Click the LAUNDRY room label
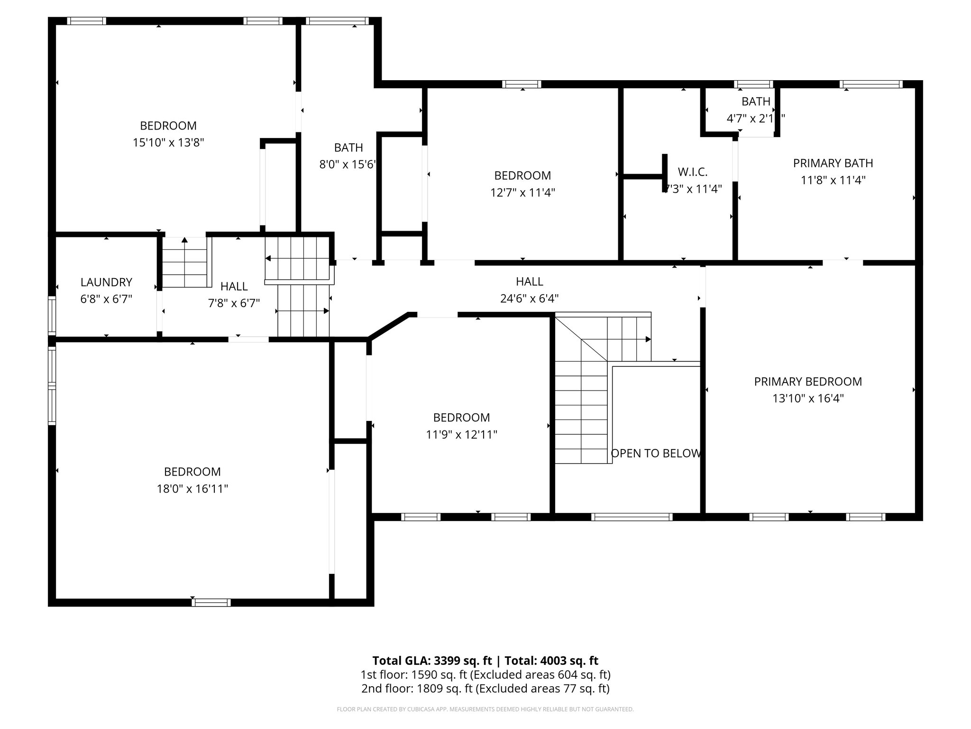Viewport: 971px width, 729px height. coord(106,282)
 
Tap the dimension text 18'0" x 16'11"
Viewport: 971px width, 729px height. coord(192,489)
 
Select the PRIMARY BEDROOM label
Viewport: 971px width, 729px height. coord(808,381)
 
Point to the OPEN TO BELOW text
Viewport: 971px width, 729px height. coord(655,453)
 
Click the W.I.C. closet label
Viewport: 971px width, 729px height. coord(693,172)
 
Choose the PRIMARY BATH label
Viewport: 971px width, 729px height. coord(833,163)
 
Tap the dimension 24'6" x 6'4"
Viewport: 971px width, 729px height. coord(529,299)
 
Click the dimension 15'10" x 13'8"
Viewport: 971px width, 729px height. coord(168,143)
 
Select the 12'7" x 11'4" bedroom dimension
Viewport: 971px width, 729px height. coord(522,193)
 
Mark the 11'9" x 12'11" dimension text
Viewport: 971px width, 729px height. coord(461,435)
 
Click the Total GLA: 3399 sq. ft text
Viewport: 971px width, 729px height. coord(433,661)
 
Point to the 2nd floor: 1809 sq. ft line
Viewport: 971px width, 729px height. coord(485,688)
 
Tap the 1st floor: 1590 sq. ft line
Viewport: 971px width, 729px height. coord(485,674)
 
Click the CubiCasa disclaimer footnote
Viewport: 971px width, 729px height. coord(485,710)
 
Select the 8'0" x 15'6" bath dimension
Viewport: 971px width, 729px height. coord(348,165)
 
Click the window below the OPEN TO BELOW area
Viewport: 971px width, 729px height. coord(632,517)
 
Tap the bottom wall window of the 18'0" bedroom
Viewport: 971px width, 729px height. coord(211,602)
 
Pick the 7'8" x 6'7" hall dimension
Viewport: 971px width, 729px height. coord(234,303)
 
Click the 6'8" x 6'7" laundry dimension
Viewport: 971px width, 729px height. coord(106,299)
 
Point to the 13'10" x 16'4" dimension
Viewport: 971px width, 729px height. coord(808,398)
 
